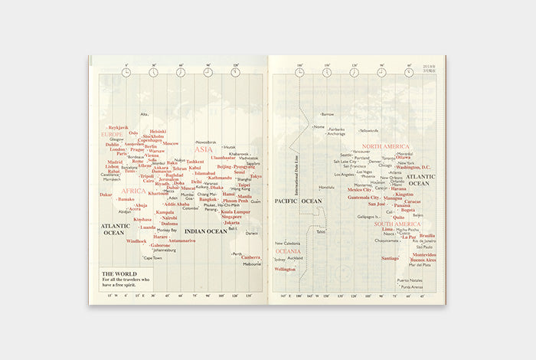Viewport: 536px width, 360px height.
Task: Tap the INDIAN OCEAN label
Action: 207,231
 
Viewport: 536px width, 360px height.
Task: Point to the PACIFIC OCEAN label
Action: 298,201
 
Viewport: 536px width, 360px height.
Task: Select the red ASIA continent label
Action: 203,150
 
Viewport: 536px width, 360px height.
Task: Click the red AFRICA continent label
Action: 133,191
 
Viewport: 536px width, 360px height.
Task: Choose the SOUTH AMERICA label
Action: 397,224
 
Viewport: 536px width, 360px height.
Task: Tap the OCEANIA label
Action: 288,251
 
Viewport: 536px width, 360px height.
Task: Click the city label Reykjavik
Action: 119,128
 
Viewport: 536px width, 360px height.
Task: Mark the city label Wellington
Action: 285,269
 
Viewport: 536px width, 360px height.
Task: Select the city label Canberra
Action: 251,257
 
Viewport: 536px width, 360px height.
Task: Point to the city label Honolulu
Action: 327,187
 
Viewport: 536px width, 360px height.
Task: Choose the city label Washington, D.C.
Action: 413,167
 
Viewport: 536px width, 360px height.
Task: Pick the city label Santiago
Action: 390,258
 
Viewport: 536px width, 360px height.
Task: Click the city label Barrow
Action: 328,114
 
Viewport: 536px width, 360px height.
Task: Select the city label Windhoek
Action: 136,241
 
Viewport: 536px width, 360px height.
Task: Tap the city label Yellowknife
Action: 369,130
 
